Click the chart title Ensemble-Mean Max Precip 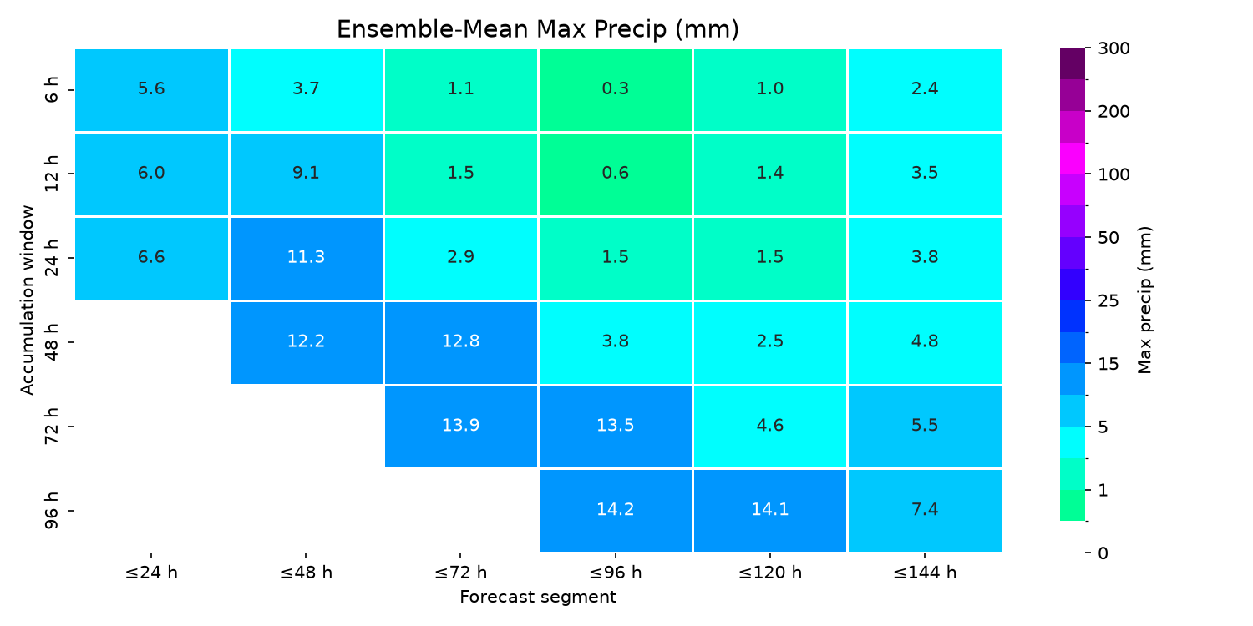pyautogui.click(x=538, y=29)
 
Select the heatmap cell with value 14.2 pyautogui.click(x=616, y=510)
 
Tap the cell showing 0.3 pyautogui.click(x=616, y=89)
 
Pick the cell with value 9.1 pyautogui.click(x=306, y=174)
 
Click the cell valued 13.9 pyautogui.click(x=461, y=426)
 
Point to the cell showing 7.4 pyautogui.click(x=925, y=510)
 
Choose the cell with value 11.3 pyautogui.click(x=306, y=258)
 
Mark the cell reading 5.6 pyautogui.click(x=151, y=89)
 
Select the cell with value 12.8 pyautogui.click(x=461, y=342)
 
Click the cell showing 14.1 pyautogui.click(x=769, y=510)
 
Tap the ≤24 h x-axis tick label pyautogui.click(x=151, y=573)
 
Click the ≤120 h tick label pyautogui.click(x=769, y=573)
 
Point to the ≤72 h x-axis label pyautogui.click(x=461, y=573)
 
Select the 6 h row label pyautogui.click(x=51, y=89)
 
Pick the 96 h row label pyautogui.click(x=51, y=510)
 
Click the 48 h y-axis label pyautogui.click(x=51, y=342)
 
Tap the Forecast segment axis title pyautogui.click(x=538, y=598)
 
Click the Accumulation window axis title pyautogui.click(x=27, y=300)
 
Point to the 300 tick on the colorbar pyautogui.click(x=1113, y=48)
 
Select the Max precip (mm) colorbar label pyautogui.click(x=1144, y=300)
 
